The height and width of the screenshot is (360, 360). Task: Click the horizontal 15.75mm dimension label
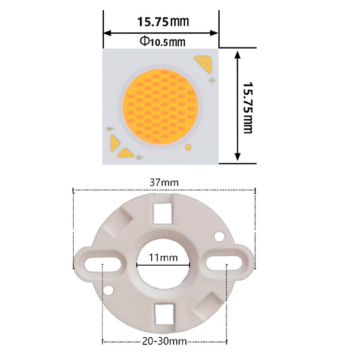163,22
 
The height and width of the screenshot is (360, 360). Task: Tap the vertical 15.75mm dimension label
247,107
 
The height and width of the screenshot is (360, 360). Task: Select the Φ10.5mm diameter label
163,42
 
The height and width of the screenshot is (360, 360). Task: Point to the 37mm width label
164,183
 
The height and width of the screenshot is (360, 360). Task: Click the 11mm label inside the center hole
163,257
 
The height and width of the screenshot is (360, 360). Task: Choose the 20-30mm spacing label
164,341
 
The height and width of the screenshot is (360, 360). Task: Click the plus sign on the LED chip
212,80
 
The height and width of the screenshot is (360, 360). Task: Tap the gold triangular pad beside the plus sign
203,62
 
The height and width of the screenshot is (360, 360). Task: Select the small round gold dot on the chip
188,147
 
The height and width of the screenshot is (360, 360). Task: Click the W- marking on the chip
110,129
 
